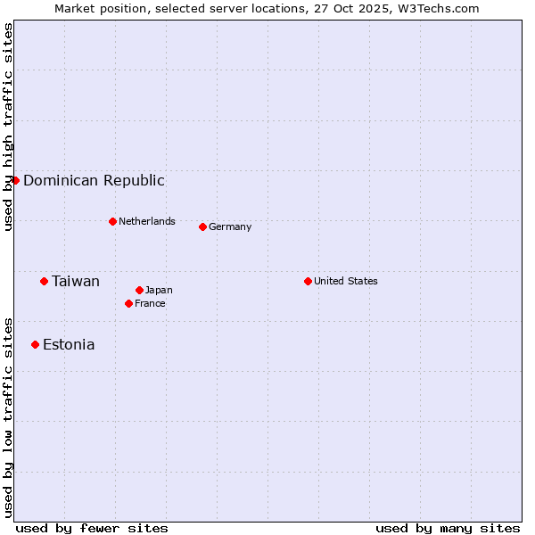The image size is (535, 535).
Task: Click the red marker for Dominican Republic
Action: [x=15, y=180]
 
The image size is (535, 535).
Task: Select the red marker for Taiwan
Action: [x=44, y=281]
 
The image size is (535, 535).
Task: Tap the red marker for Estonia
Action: [x=35, y=344]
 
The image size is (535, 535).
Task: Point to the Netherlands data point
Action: [x=112, y=221]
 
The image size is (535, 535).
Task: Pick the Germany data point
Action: [x=202, y=226]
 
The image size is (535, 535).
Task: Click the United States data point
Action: [x=308, y=281]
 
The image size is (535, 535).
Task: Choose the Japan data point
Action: [x=139, y=290]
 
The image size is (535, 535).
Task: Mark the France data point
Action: [x=128, y=303]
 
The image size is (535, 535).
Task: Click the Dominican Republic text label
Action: [x=94, y=180]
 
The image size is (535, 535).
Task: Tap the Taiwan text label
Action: [x=76, y=281]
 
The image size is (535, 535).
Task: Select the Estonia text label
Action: [x=69, y=344]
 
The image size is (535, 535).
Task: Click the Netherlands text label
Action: [x=147, y=221]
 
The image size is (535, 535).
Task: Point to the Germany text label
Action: [x=230, y=226]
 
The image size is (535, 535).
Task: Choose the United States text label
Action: [x=346, y=281]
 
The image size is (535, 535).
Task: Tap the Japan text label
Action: [x=159, y=290]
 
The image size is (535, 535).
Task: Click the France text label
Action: [x=150, y=303]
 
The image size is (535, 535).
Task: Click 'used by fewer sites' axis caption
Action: [x=92, y=528]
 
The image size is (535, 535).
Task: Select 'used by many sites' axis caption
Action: [x=448, y=528]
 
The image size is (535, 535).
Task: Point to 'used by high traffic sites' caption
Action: [x=8, y=127]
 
